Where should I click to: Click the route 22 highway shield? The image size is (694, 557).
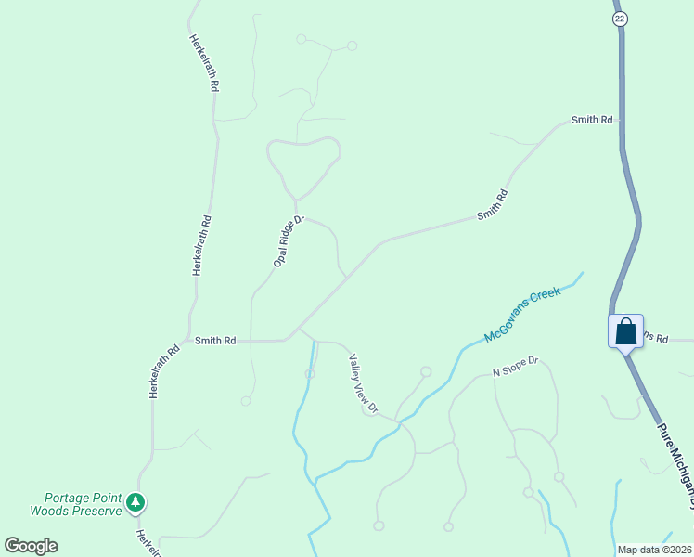click(x=621, y=19)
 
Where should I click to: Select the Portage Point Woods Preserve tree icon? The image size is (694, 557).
click(x=136, y=502)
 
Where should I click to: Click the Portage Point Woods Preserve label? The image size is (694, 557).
click(x=76, y=504)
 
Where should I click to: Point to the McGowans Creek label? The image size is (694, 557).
click(x=522, y=316)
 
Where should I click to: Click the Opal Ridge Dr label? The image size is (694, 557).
click(x=289, y=241)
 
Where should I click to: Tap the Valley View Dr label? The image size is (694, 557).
click(x=364, y=382)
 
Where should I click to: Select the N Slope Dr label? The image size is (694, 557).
click(x=515, y=368)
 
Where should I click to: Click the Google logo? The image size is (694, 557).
click(x=31, y=546)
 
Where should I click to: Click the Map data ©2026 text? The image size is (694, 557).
click(x=653, y=550)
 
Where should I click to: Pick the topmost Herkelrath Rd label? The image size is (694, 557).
click(x=204, y=63)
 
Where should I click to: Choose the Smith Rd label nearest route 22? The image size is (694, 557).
click(x=592, y=120)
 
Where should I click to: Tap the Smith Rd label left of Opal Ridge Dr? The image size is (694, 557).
click(x=215, y=341)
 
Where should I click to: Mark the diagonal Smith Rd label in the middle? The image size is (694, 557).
click(x=493, y=204)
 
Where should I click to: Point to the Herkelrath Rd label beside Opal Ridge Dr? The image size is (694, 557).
click(x=201, y=245)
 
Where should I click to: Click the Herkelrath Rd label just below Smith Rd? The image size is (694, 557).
click(x=164, y=372)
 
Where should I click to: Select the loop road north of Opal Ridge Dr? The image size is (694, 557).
click(x=300, y=158)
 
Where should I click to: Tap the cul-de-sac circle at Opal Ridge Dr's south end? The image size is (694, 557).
click(x=246, y=401)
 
